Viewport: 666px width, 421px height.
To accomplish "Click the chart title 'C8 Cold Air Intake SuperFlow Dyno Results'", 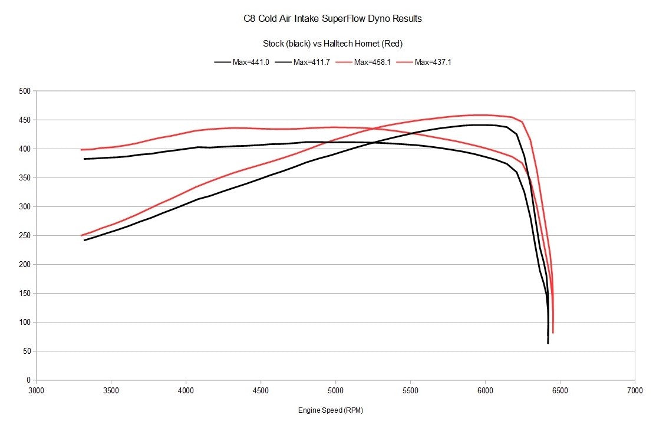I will click(x=332, y=18).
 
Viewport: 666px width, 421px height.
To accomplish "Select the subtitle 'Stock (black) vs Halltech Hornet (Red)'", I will click(x=332, y=44).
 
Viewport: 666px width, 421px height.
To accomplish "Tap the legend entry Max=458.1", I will click(x=374, y=62).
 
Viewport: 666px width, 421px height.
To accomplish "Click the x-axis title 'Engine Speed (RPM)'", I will click(x=335, y=410).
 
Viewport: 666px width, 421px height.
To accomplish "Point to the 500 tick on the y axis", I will click(x=24, y=91).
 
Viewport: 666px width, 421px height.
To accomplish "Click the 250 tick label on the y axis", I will click(x=24, y=235).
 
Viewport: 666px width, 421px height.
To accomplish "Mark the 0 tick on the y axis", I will click(x=28, y=380).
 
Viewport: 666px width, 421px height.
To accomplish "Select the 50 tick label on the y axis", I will click(x=26, y=351).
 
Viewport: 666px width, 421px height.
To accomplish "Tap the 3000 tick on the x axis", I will click(x=37, y=391).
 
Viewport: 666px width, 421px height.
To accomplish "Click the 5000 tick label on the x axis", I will click(x=335, y=391).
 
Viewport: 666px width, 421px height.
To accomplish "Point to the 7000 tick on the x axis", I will click(x=635, y=391).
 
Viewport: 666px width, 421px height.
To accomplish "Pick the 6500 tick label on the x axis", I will click(x=560, y=391).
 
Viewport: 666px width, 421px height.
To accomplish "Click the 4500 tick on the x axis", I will click(x=261, y=391).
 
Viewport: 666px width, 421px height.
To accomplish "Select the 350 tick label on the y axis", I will click(x=24, y=177).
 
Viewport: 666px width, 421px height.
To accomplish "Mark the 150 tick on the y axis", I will click(x=24, y=293).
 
